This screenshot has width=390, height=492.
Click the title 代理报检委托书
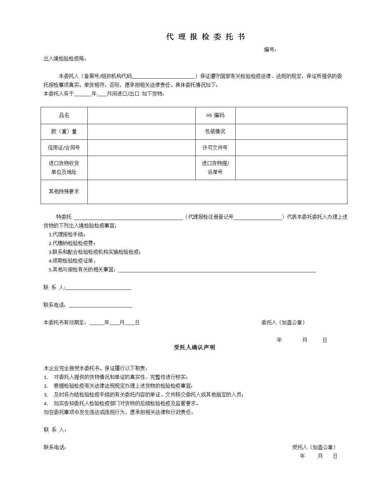coord(205,37)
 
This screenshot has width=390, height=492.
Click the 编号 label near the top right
coord(270,50)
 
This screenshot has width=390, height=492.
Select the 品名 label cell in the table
coord(64,115)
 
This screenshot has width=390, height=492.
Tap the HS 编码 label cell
coord(215,115)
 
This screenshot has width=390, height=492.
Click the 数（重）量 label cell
coord(64,132)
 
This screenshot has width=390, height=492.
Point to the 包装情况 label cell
coord(215,132)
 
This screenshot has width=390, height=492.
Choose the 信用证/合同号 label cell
coord(64,148)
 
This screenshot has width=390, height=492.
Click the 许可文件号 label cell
coord(215,148)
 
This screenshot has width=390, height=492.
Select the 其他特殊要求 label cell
coord(64,192)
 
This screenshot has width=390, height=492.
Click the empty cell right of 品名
coord(141,115)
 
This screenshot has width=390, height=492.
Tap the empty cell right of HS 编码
coord(291,115)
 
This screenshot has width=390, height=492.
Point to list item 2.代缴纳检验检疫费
coord(72,243)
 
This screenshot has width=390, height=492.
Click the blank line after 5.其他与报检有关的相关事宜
coord(217,270)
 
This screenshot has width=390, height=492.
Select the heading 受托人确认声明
coord(194,348)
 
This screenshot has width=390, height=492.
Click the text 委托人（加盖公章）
coord(283,323)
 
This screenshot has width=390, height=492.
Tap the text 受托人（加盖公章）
coord(314,447)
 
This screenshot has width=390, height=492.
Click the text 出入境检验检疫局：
coord(65,59)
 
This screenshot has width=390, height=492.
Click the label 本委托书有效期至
coord(65,323)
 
